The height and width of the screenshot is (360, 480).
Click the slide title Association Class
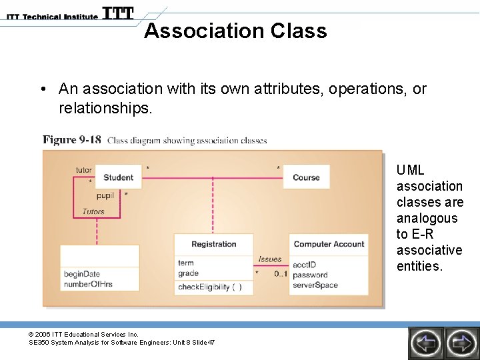[x=235, y=31]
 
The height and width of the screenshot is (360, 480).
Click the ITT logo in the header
[x=118, y=13]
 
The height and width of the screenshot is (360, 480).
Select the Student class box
[x=118, y=177]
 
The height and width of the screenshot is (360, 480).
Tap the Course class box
[x=306, y=177]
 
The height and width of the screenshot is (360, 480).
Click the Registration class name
[x=213, y=244]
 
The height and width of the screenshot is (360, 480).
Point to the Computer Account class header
[x=329, y=244]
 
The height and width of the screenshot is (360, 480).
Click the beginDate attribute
[x=82, y=274]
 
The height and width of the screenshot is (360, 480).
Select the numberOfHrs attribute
[x=88, y=284]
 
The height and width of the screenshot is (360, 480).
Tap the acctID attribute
[x=304, y=265]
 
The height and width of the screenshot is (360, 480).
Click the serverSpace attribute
[x=315, y=285]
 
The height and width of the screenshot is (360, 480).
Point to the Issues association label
[x=270, y=259]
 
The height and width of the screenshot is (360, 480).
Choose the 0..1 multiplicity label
[x=281, y=274]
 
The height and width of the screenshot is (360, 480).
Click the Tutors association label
[x=93, y=211]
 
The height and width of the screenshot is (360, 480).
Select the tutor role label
[x=83, y=170]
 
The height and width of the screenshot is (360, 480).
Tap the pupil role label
[x=105, y=196]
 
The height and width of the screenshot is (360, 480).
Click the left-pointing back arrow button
[x=425, y=343]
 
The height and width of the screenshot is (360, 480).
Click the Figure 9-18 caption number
[x=72, y=140]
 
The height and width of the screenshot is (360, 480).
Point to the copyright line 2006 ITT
[x=83, y=334]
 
